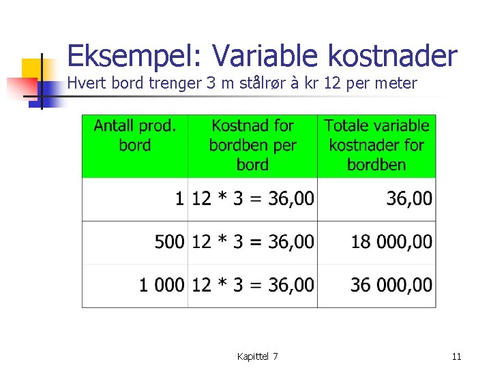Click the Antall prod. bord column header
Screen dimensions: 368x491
coord(135,136)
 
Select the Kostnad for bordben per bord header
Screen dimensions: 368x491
coord(252,145)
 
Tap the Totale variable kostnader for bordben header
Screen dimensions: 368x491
coord(376,145)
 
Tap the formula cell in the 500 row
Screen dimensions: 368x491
coord(253,242)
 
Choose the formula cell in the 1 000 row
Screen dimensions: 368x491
coord(253,285)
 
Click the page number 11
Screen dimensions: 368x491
coord(457,356)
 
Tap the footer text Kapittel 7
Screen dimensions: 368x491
coord(257,356)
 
